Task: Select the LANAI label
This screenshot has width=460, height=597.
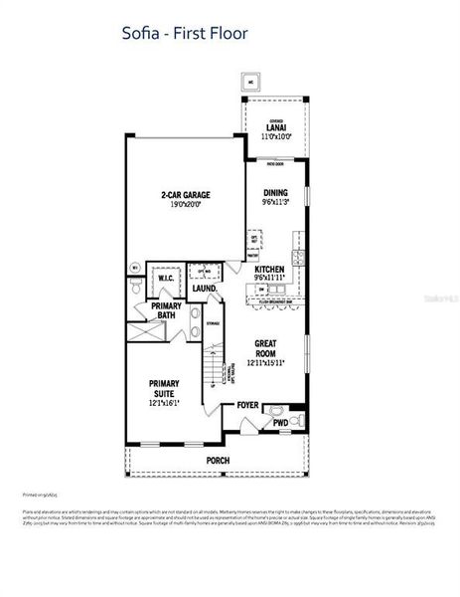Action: coord(274,127)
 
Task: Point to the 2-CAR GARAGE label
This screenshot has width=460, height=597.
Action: coord(186,195)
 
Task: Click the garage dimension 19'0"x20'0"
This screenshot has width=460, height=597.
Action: coord(186,204)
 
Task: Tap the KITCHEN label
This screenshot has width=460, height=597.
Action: coord(270,270)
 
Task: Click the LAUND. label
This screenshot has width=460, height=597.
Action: coord(205,289)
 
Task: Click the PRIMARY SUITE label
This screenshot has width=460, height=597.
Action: coord(166,387)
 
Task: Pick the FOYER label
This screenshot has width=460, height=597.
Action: coord(247,406)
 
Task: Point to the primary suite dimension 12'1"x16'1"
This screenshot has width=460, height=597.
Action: coord(166,401)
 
